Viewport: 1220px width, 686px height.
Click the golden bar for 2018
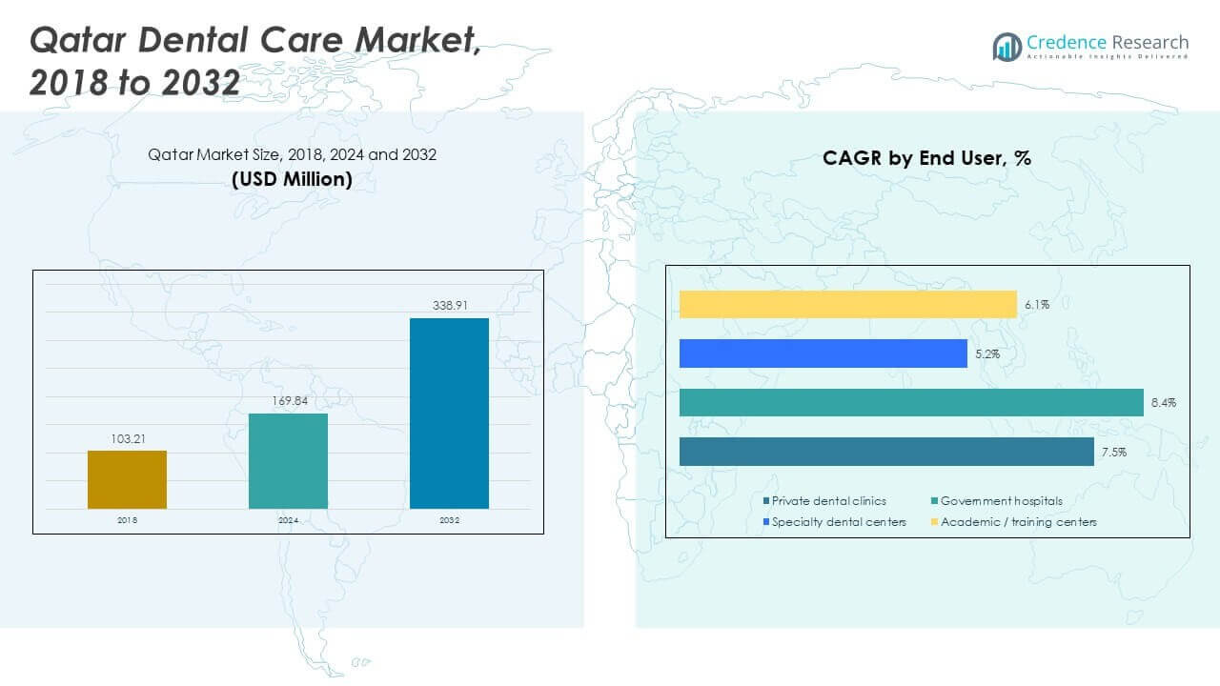(x=127, y=479)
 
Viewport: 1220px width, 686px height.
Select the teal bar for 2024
(x=288, y=460)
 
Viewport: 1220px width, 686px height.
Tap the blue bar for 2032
(x=449, y=413)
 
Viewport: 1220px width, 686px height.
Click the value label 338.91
(x=449, y=307)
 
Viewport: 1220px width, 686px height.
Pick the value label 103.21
(x=127, y=439)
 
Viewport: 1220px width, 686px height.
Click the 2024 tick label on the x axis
(x=288, y=520)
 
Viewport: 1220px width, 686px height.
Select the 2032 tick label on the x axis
(x=449, y=520)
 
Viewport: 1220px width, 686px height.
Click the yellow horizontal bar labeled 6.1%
(x=847, y=304)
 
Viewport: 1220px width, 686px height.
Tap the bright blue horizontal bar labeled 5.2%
(x=823, y=353)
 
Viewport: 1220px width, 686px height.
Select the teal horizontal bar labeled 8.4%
(x=910, y=402)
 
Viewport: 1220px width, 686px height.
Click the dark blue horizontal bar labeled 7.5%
(x=885, y=452)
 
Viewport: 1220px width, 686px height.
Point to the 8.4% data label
(x=1163, y=403)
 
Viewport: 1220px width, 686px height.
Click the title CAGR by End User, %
(x=926, y=158)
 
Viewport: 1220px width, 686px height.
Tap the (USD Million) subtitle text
(x=292, y=178)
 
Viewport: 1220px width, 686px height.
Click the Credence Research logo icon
(x=1006, y=46)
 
